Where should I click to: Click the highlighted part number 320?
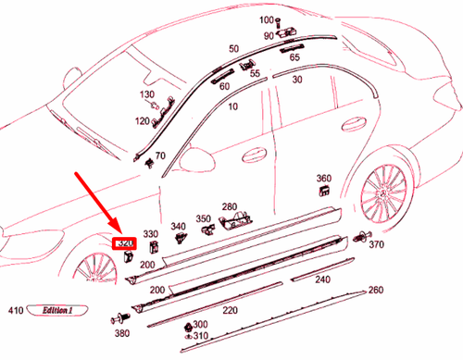tap(125, 244)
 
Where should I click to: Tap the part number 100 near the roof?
tap(267, 19)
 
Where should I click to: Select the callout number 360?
tap(324, 178)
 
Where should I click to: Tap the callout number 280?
tap(229, 206)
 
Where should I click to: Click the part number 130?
tap(147, 95)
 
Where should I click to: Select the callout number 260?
tap(375, 291)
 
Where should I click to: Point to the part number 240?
tap(322, 279)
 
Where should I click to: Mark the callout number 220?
tap(230, 310)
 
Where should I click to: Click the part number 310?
tap(200, 334)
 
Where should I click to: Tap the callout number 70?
tap(161, 155)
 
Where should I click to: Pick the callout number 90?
tap(269, 36)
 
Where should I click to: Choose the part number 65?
tap(294, 56)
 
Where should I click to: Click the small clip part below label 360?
tap(326, 190)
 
